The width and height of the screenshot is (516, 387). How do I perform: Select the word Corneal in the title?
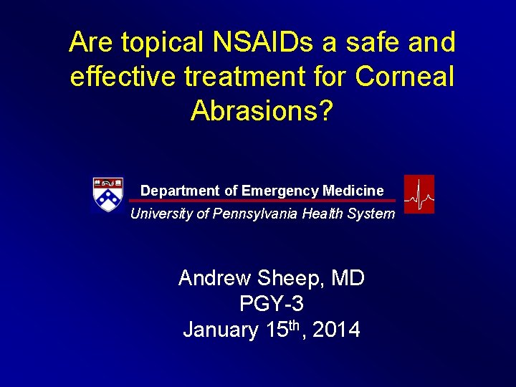(407, 76)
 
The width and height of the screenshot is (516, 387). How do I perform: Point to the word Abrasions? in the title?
(262, 110)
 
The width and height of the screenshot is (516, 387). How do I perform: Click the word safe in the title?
(376, 43)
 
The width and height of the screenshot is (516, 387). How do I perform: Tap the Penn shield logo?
(108, 195)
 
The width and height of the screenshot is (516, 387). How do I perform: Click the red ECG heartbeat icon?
(419, 194)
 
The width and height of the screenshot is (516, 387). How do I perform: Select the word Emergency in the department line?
(280, 191)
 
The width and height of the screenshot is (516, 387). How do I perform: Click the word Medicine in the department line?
(353, 191)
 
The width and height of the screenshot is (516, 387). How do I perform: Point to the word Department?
(180, 191)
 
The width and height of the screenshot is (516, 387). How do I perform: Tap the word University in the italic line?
(161, 214)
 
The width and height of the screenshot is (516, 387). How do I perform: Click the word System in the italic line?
(372, 214)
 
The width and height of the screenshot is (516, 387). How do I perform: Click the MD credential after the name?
(347, 278)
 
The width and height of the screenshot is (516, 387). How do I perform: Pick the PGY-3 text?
(272, 304)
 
